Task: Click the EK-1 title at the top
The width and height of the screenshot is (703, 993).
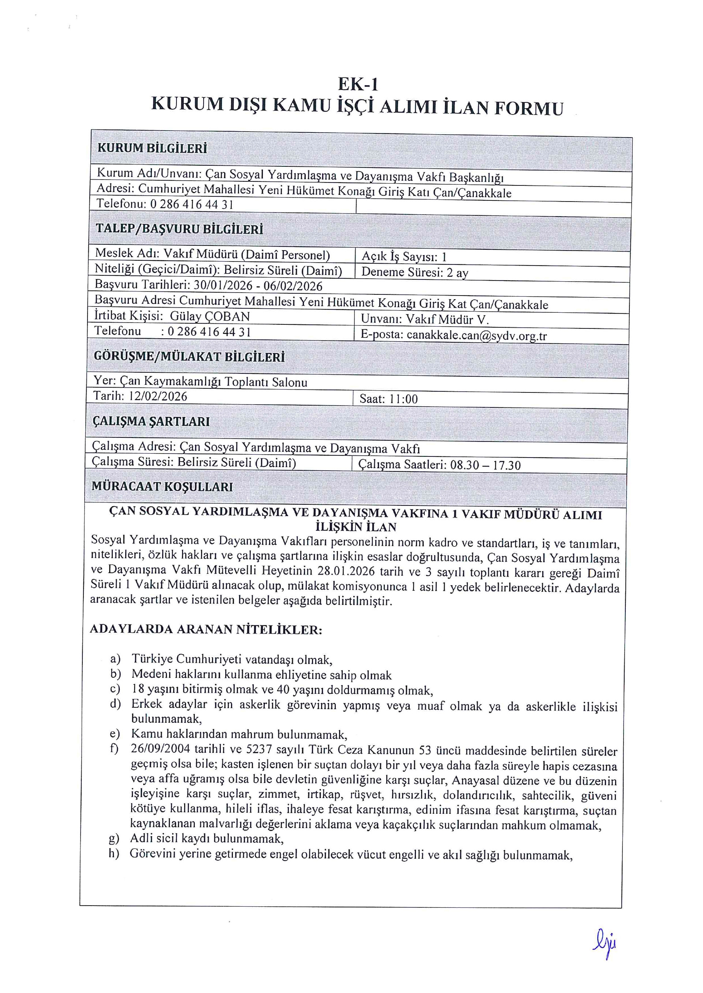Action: click(x=358, y=84)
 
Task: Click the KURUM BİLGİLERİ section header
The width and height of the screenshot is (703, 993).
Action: click(x=152, y=148)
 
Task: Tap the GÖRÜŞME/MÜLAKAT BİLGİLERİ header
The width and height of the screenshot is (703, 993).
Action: click(x=189, y=357)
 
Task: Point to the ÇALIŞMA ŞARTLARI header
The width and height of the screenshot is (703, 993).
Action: click(x=151, y=421)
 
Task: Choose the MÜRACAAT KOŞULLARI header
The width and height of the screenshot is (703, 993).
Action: click(x=162, y=486)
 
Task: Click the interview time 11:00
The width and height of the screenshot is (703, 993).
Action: click(x=403, y=399)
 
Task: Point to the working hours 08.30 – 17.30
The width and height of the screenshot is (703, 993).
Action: click(x=485, y=465)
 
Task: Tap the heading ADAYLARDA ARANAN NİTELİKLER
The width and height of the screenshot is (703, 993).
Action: click(x=206, y=629)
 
